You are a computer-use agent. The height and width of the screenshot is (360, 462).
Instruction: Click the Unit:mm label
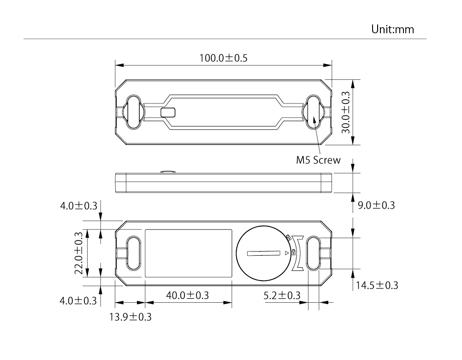pos(393,30)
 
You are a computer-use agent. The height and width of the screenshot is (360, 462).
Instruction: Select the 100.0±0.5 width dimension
pos(223,58)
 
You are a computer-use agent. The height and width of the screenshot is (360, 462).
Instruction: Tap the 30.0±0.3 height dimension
pos(346,112)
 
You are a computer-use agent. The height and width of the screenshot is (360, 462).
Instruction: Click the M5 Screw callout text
pos(318,160)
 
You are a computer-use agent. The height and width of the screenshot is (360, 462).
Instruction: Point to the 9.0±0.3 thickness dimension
pos(376,205)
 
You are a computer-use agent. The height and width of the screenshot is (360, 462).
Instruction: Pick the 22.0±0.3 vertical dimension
pos(79,252)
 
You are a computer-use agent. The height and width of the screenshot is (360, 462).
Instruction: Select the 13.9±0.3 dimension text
pos(130,317)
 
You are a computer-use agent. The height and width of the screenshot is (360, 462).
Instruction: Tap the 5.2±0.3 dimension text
pos(282,295)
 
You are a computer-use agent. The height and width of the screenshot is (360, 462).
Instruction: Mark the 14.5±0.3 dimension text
pos(376,285)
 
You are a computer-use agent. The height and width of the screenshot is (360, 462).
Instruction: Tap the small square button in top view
pos(168,112)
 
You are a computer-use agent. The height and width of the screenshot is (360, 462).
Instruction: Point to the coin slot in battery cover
pos(263,253)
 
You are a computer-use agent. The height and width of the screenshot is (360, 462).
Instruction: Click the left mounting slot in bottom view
pos(133,253)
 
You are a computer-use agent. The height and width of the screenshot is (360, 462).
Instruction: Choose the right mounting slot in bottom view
pos(313,253)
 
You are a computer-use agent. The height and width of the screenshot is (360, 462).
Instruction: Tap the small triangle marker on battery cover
pos(286,253)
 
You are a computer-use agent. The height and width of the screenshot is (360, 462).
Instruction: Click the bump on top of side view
pos(168,172)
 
